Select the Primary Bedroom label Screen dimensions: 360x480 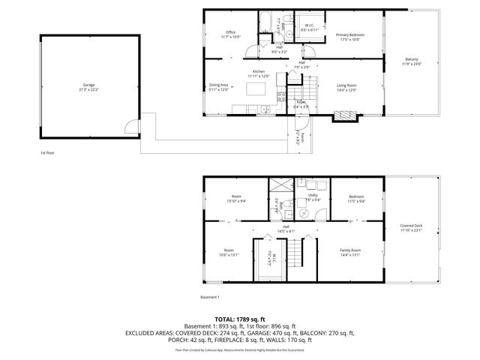point(350,35)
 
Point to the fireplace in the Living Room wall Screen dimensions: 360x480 point(343,115)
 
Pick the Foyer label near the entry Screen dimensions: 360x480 point(300,103)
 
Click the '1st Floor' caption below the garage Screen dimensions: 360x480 point(48,152)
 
